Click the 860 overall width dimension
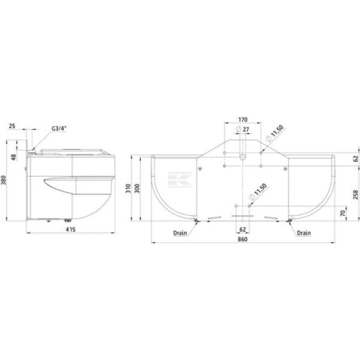click(242, 239)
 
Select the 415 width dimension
click(71, 229)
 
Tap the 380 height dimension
click(4, 181)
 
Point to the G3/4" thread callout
click(59, 128)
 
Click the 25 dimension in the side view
click(12, 126)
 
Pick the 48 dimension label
click(14, 158)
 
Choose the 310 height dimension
click(128, 188)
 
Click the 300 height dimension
click(137, 188)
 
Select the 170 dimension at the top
click(243, 119)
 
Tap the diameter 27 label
click(243, 130)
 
